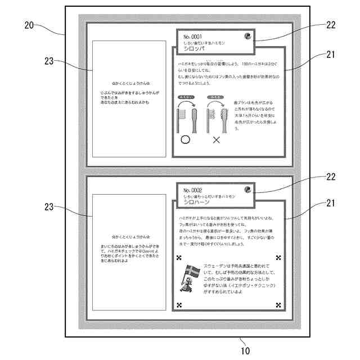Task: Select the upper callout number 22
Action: [x=330, y=25]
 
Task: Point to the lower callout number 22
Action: [x=330, y=177]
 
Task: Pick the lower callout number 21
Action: [x=330, y=207]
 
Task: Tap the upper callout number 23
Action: [x=49, y=62]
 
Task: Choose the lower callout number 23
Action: [x=49, y=206]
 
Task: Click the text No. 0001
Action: [x=192, y=37]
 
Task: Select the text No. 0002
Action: [x=192, y=190]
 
